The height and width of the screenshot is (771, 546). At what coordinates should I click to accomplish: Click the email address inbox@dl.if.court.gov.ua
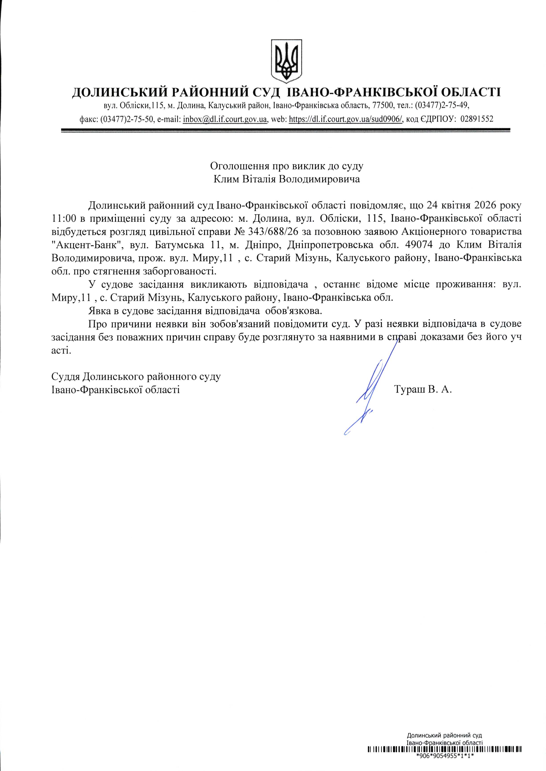pos(225,119)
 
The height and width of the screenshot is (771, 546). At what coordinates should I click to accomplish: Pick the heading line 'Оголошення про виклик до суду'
pos(287,166)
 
